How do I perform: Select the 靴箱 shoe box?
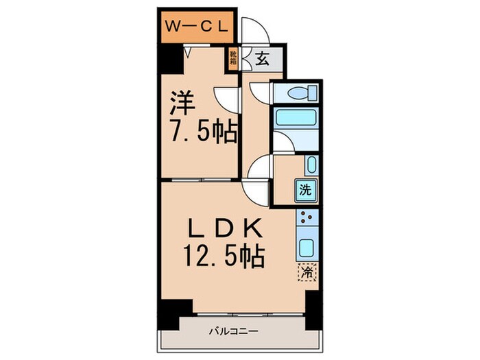(233, 58)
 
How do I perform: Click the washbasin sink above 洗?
(310, 165)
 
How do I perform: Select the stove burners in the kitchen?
(307, 221)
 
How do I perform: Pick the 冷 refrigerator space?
(307, 272)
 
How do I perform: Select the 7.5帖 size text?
(203, 131)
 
